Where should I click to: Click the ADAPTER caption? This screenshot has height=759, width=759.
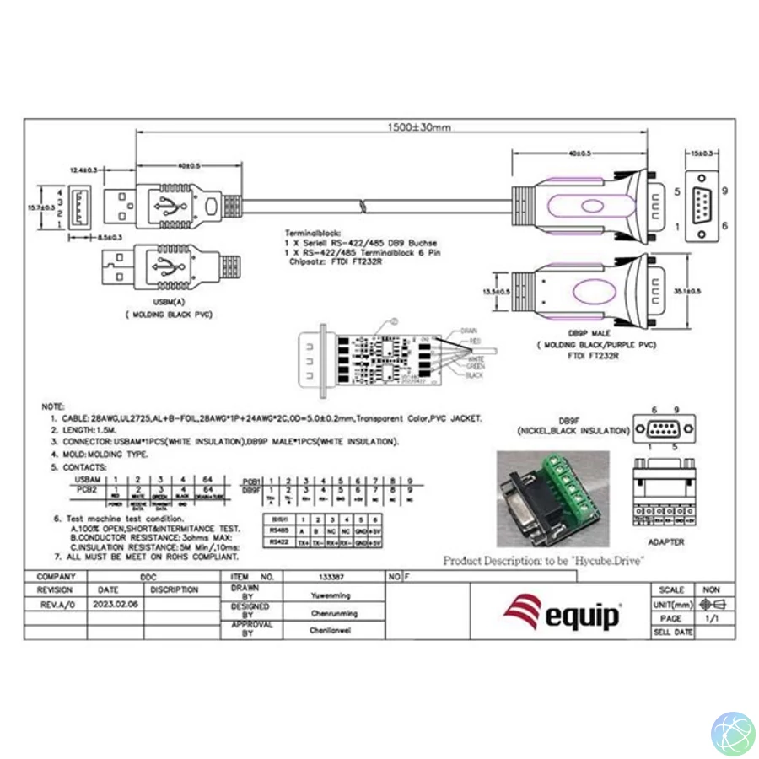point(666,542)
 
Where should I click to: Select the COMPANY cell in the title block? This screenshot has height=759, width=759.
point(56,576)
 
